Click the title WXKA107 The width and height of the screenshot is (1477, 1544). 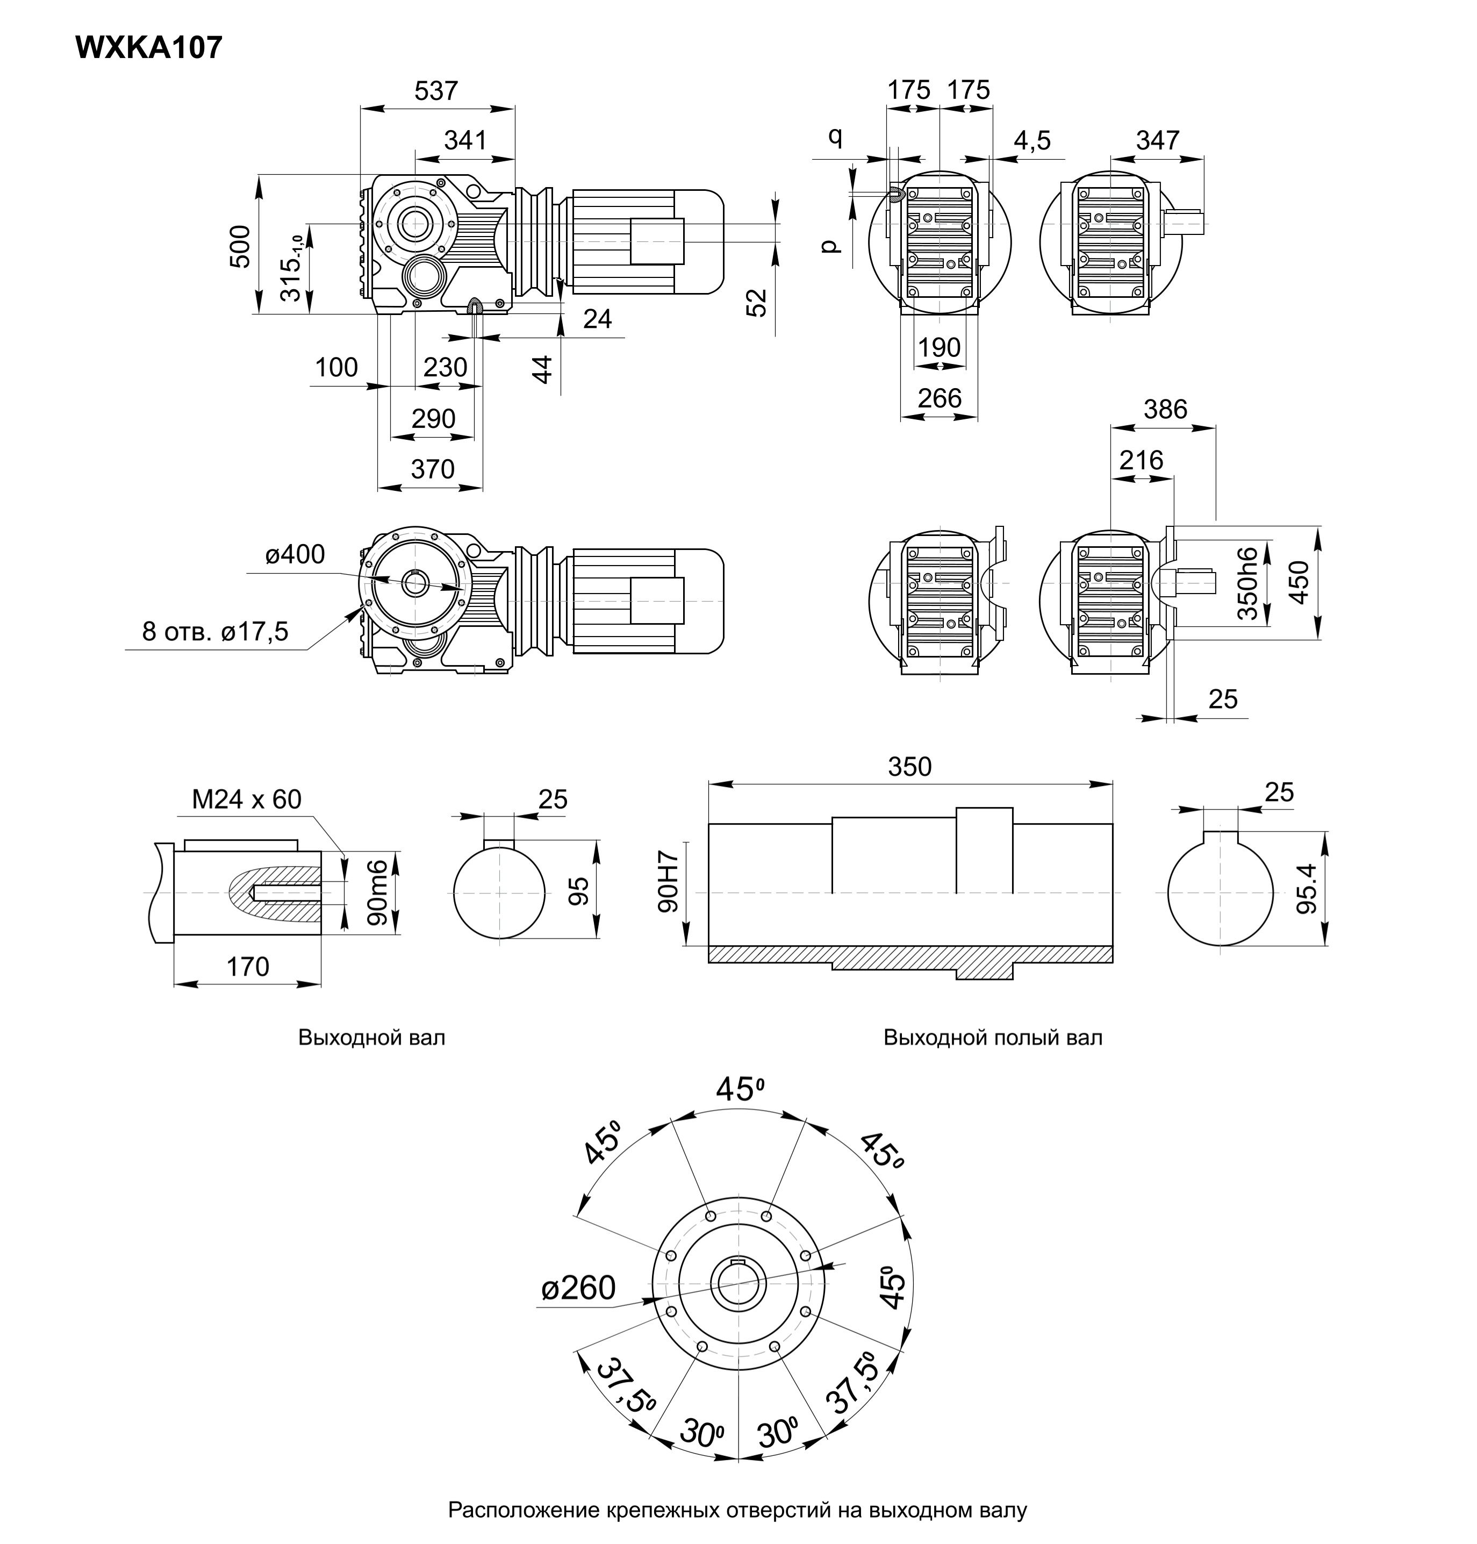[149, 48]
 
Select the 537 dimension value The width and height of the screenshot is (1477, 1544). [436, 91]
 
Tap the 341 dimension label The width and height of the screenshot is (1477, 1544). [465, 140]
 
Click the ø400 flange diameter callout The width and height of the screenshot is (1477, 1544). [295, 554]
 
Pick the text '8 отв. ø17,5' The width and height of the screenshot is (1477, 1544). [216, 632]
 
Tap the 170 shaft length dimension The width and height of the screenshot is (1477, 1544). [248, 967]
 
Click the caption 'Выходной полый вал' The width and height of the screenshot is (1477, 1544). [993, 1038]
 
